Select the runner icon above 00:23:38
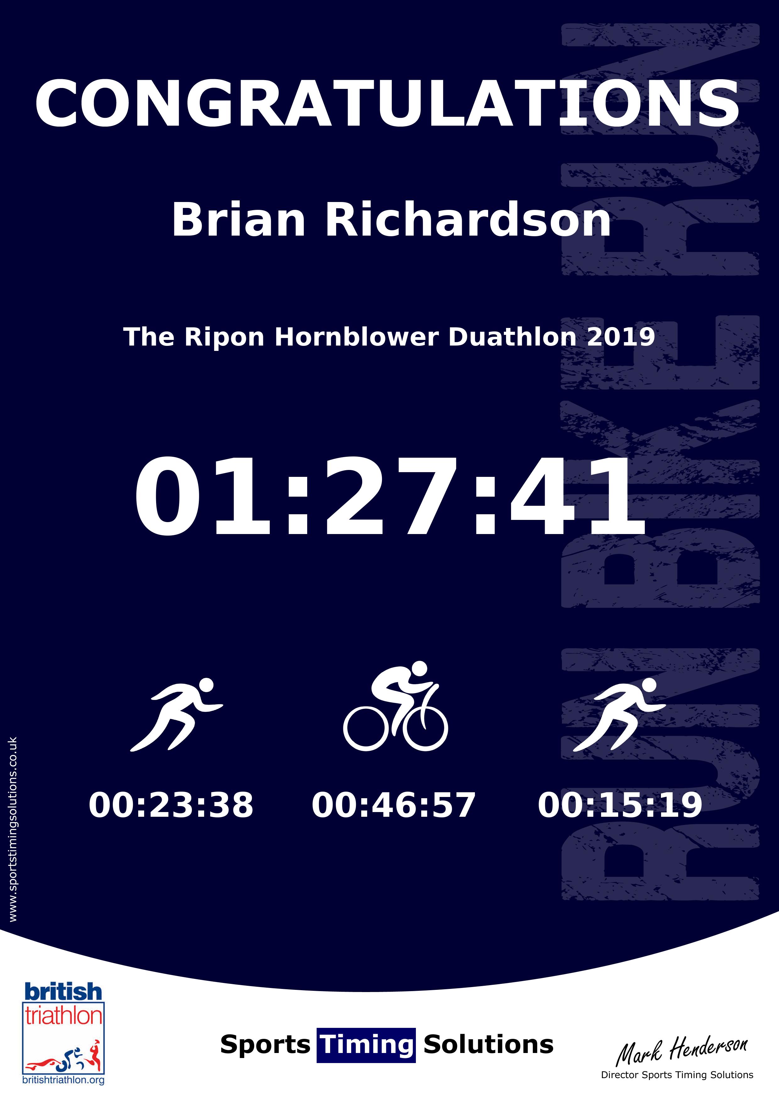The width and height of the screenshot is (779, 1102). (x=176, y=714)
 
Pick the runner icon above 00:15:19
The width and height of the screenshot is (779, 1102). (x=619, y=714)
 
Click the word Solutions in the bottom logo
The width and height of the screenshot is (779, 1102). (x=488, y=1045)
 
